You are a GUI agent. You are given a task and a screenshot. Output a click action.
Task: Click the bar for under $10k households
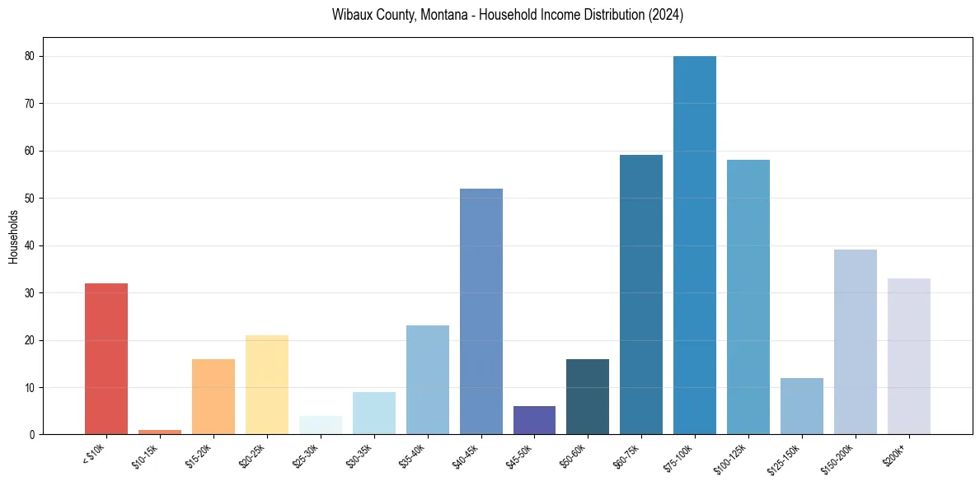106,358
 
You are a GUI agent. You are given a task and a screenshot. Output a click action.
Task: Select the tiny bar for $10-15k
159,432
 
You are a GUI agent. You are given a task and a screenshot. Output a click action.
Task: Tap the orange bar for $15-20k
213,396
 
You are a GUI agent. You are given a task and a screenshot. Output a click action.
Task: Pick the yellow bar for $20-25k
266,385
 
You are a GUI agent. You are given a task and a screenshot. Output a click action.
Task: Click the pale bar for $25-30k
320,425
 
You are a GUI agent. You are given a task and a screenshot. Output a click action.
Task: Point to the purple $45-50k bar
534,420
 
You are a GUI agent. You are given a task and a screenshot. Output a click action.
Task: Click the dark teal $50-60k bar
588,396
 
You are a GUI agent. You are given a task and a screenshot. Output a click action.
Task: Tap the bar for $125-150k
802,406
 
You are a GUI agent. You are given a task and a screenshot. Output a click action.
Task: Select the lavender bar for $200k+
909,356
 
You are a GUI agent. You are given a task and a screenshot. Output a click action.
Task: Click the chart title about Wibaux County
508,15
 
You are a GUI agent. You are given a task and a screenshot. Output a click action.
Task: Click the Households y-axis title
13,236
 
